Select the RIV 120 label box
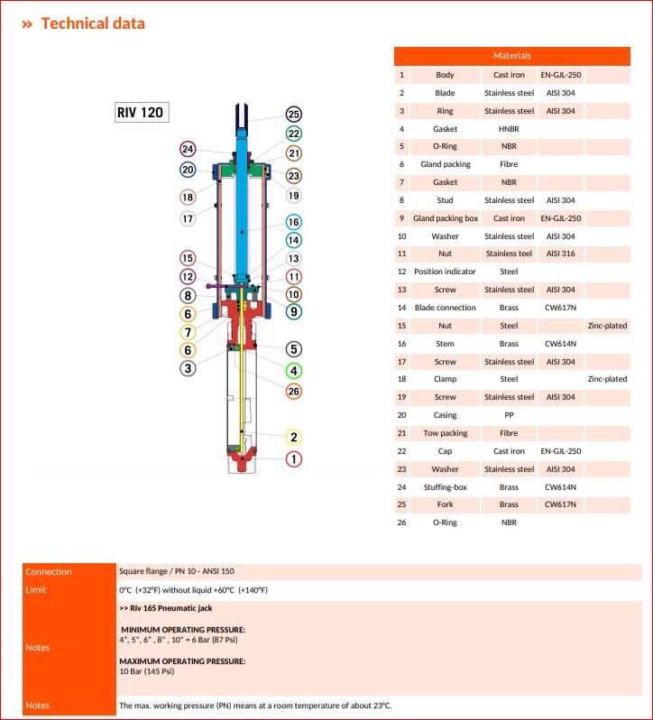(139, 113)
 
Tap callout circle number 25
(293, 114)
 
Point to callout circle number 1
(293, 459)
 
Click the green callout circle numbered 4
(293, 370)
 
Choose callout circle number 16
(293, 222)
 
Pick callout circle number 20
(188, 170)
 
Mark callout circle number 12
(188, 277)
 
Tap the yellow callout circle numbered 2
(293, 438)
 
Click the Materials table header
(511, 56)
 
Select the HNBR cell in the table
(509, 129)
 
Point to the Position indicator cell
(445, 272)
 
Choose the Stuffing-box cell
(445, 487)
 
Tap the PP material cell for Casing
(509, 415)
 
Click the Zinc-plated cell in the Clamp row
(607, 379)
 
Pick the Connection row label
(49, 572)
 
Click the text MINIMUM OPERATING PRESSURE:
(183, 629)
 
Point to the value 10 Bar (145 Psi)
(147, 671)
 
